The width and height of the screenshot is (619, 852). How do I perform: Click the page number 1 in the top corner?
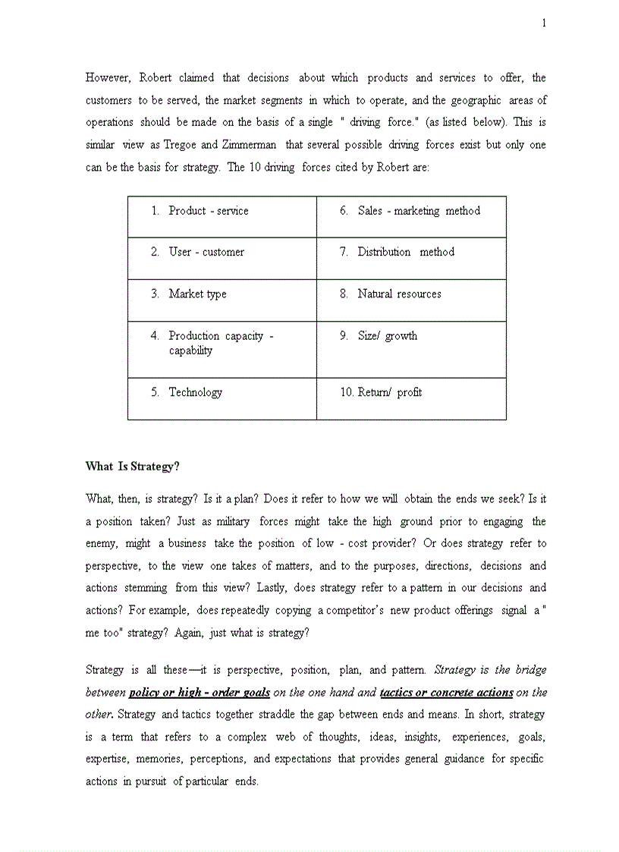(543, 24)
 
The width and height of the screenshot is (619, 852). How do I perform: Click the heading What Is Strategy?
(132, 467)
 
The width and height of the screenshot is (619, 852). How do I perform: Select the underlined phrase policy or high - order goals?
(200, 693)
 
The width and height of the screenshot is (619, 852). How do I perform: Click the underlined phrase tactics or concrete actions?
(446, 693)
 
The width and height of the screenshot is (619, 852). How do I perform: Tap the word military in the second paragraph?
(233, 522)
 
